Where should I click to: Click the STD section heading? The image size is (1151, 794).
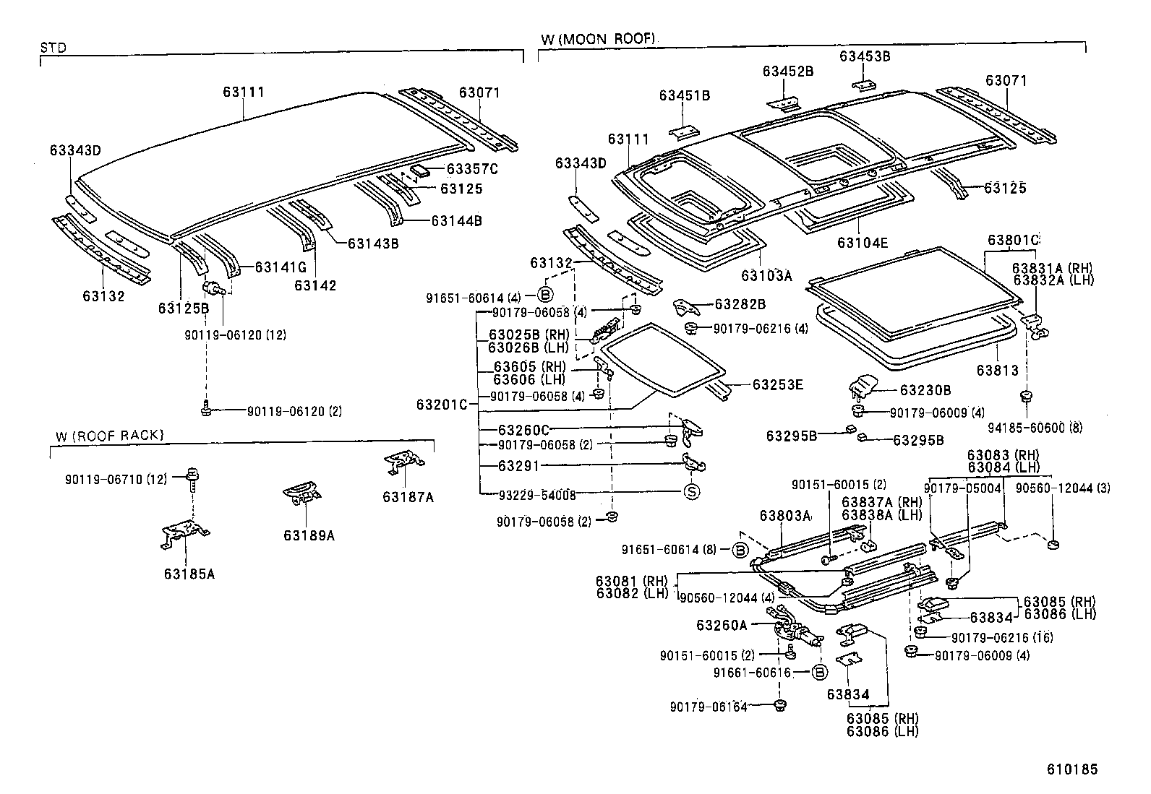click(x=53, y=48)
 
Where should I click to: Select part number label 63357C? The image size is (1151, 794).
click(x=472, y=169)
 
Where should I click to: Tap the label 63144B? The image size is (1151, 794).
click(x=456, y=221)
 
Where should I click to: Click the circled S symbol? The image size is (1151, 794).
click(x=692, y=493)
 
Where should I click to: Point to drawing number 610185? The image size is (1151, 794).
click(x=1072, y=769)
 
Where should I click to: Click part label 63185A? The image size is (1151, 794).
click(x=189, y=574)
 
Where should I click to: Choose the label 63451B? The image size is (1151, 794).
click(x=684, y=95)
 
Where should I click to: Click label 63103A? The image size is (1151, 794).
click(x=766, y=275)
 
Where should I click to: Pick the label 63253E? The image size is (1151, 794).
click(x=777, y=384)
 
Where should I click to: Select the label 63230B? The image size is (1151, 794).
click(x=925, y=390)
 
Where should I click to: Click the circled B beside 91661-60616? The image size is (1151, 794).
click(x=819, y=673)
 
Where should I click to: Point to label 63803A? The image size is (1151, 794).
click(x=784, y=516)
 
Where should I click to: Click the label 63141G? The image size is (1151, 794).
click(x=281, y=267)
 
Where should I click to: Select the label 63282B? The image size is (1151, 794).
click(x=740, y=305)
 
